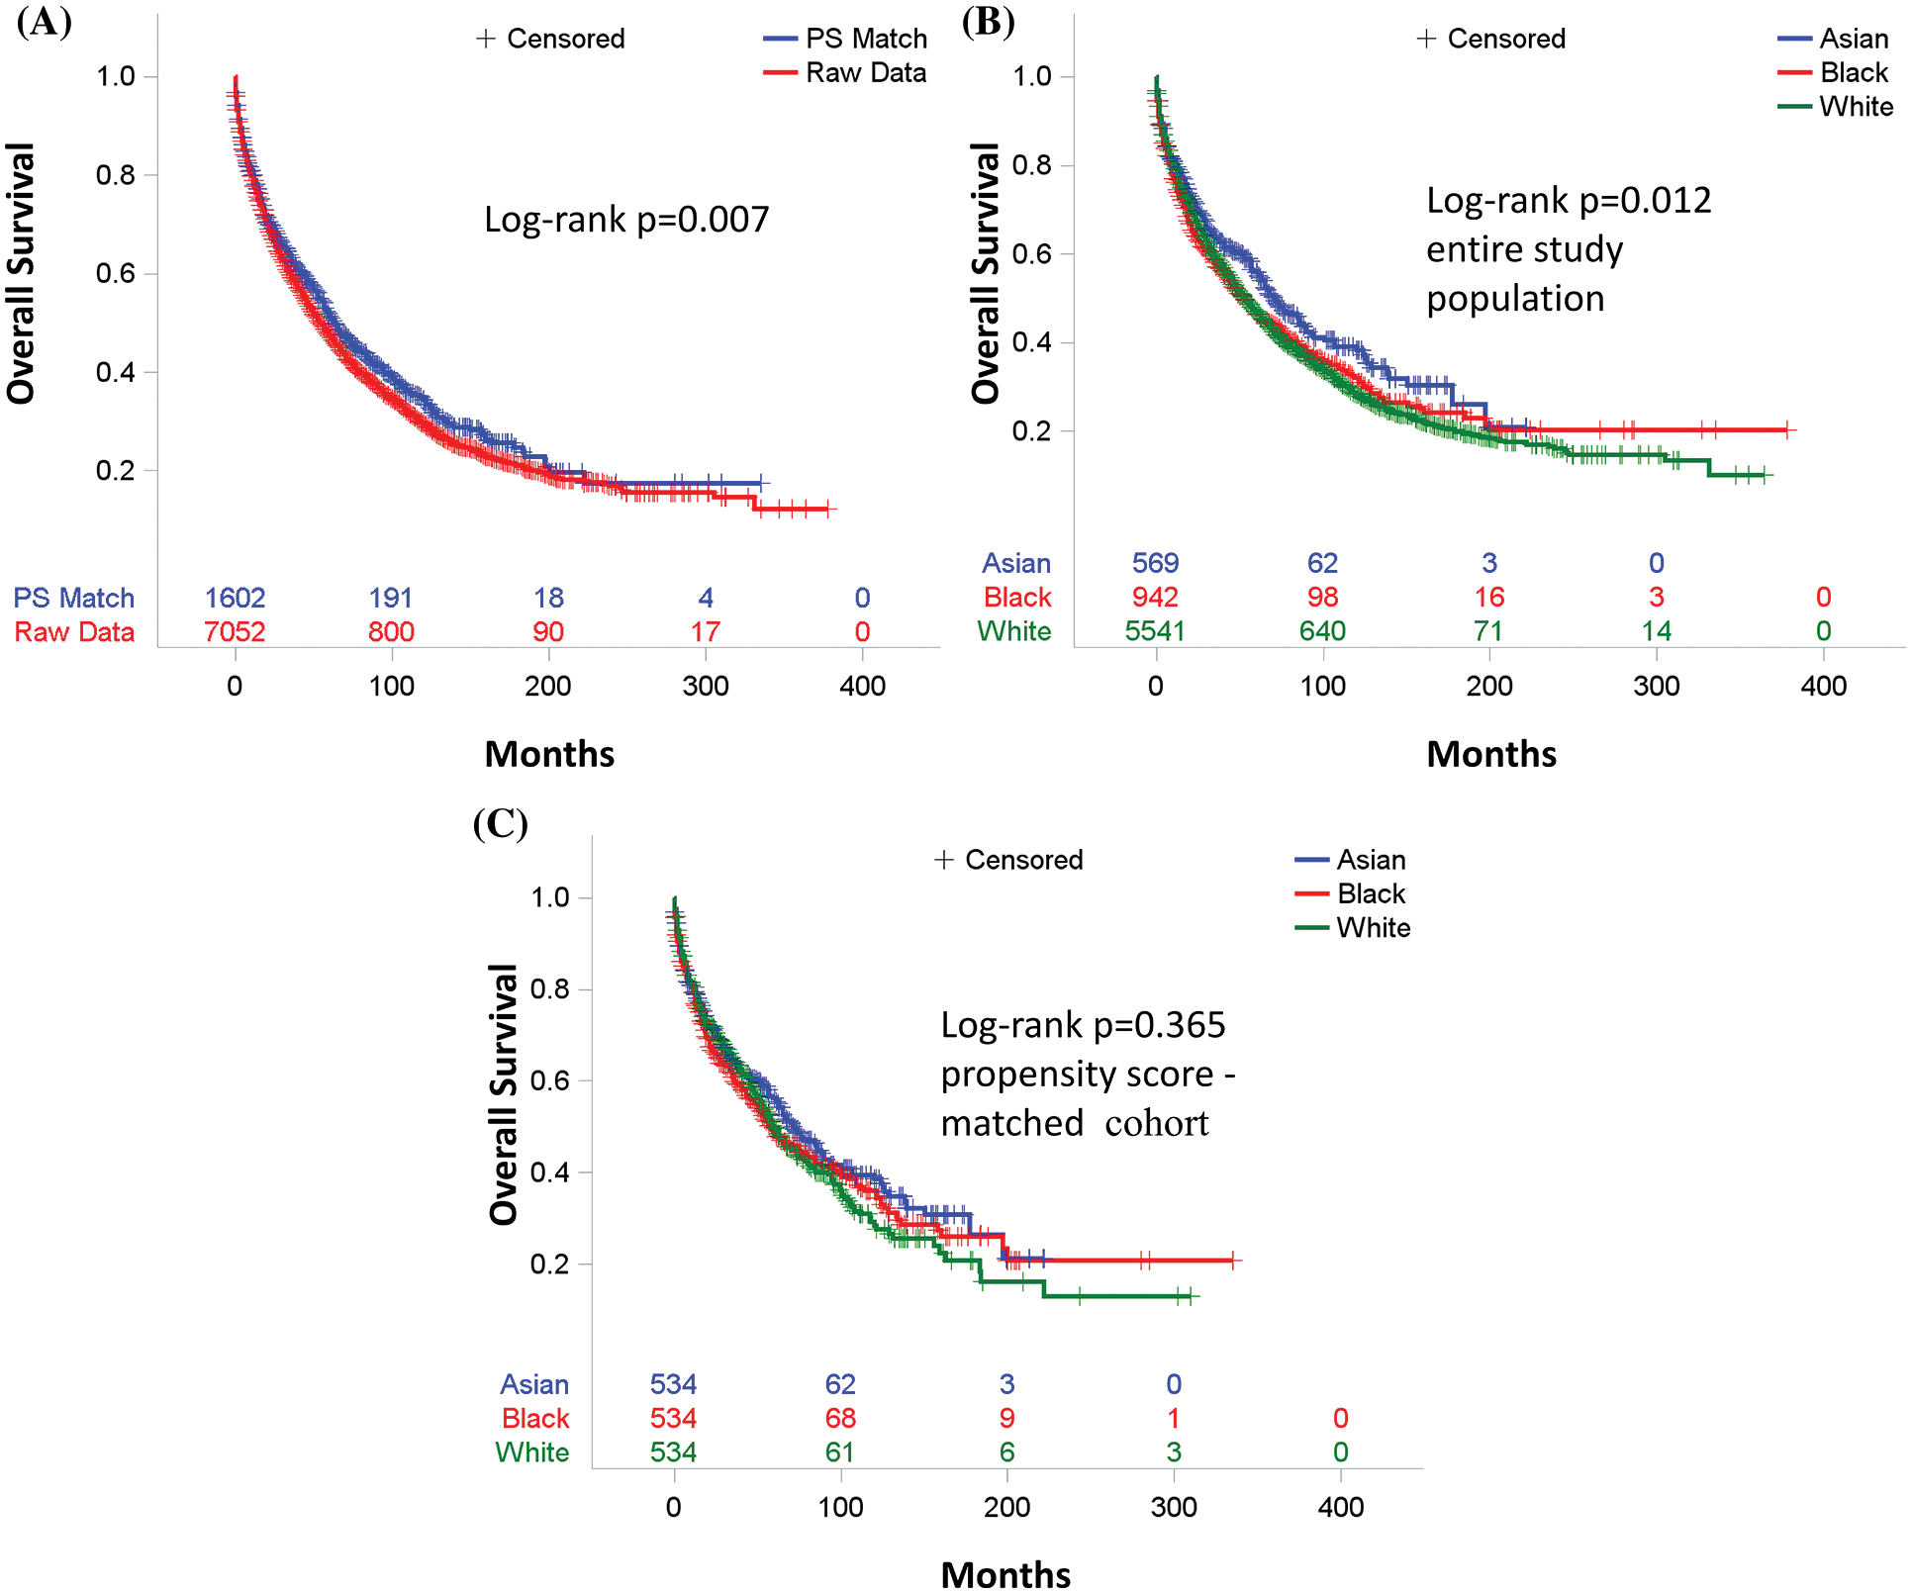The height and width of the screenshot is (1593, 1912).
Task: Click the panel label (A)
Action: coord(45,22)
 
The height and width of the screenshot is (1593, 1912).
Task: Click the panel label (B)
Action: coord(988,22)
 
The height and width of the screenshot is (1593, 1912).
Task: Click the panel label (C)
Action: coord(500,823)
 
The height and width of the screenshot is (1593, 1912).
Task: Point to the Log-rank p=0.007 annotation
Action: coord(626,220)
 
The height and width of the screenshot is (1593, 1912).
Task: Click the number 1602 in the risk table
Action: coord(235,598)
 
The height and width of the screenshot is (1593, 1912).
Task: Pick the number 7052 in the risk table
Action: coord(235,631)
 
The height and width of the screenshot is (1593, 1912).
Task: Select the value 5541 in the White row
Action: coord(1155,631)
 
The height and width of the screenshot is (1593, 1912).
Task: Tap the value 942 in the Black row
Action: coord(1155,597)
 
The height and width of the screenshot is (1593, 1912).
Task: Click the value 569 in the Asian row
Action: coord(1155,563)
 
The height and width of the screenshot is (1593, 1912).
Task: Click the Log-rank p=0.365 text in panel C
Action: coord(1083,1025)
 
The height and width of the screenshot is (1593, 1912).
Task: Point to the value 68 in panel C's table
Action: coord(840,1418)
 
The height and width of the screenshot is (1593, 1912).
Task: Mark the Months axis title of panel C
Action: coord(1005,1574)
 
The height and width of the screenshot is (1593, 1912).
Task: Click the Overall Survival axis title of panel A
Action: coord(22,273)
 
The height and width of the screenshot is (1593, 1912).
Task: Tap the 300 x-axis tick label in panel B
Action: coord(1657,686)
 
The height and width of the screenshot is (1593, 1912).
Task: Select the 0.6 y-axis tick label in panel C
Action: coord(549,1080)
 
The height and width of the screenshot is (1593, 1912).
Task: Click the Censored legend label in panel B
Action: coord(1505,39)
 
